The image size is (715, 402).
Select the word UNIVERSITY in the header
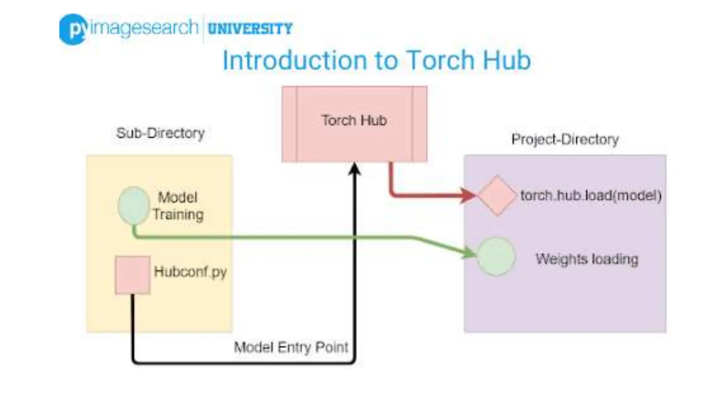pos(250,29)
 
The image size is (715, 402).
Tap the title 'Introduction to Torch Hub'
pos(376,60)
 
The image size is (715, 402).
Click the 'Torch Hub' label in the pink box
pos(354,120)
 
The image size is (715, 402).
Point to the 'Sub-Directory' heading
pos(160,133)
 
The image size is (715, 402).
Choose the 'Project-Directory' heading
pos(565,139)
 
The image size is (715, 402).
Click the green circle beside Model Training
pos(134,206)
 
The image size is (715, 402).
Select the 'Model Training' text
pos(178,206)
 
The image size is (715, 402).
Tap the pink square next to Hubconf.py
pos(133,275)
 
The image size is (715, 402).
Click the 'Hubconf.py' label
pos(190,271)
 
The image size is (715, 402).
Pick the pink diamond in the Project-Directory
pos(497,195)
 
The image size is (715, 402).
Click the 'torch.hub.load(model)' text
pos(591,195)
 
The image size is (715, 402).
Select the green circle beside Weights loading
pos(496,256)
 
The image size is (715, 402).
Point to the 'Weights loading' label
pos(587,259)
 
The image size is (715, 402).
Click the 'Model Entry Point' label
pos(291,347)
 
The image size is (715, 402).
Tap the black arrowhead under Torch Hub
pos(355,169)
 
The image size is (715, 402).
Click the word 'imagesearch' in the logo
pos(144,28)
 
